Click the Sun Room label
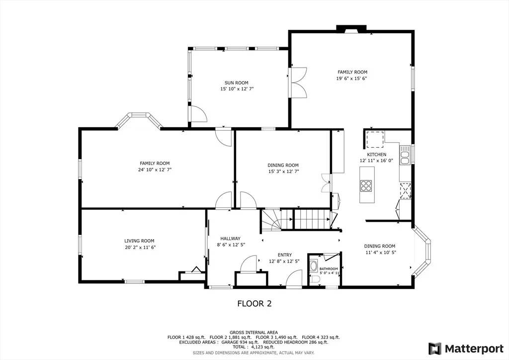point(236,83)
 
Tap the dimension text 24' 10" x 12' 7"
point(155,170)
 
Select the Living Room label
point(139,241)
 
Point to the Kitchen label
point(377,155)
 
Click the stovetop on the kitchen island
point(365,185)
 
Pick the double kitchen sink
point(405,155)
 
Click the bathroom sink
point(314,266)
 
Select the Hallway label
point(231,239)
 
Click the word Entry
point(285,255)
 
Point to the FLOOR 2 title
point(254,304)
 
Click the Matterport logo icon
point(435,349)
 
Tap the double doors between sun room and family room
point(299,83)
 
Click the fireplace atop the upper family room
point(351,29)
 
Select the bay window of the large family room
point(139,120)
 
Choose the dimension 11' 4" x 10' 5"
point(379,252)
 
